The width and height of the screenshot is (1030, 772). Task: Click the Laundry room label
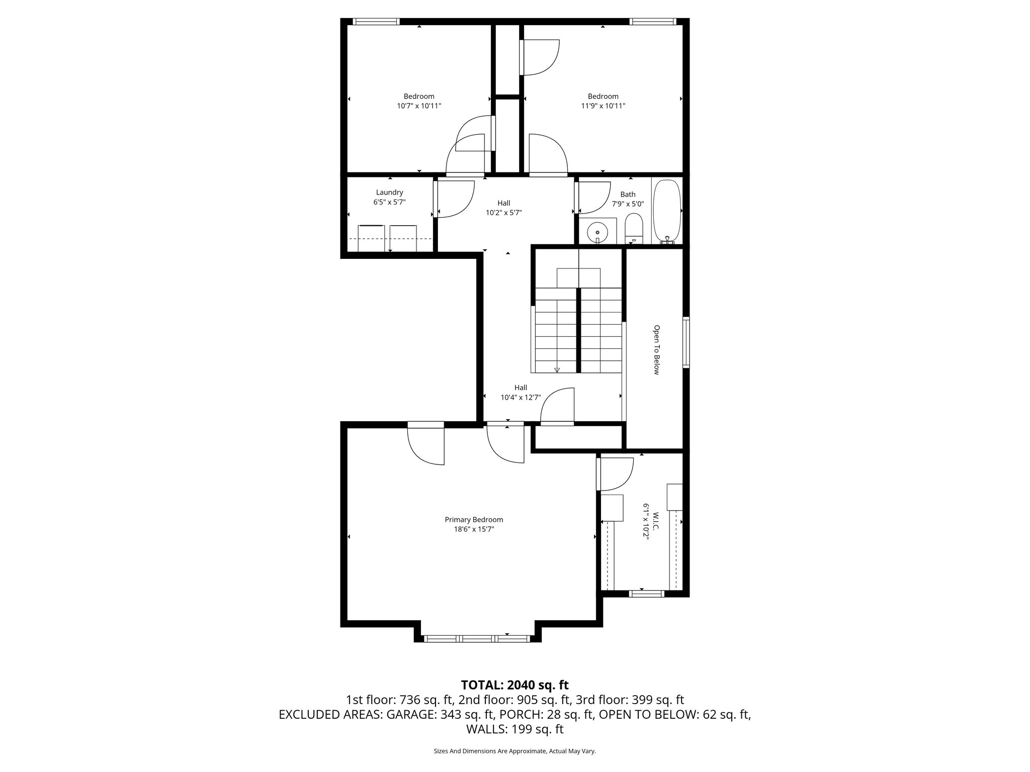(x=389, y=192)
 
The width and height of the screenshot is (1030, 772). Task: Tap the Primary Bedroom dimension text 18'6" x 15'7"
(x=473, y=529)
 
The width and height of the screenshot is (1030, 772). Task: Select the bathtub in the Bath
(x=666, y=211)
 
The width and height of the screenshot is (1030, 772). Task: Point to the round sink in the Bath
(x=597, y=232)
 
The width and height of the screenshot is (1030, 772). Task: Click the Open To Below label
(x=656, y=350)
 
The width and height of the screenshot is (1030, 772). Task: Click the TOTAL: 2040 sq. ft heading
(x=514, y=685)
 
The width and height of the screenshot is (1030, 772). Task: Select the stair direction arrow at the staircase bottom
(x=557, y=369)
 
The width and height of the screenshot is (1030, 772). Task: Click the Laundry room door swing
(x=455, y=200)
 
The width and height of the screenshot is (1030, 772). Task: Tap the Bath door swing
(x=593, y=197)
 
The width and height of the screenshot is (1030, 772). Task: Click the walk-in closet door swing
(x=615, y=474)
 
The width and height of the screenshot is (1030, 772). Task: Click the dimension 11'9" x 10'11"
(x=603, y=106)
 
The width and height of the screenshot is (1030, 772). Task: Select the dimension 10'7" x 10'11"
(x=419, y=106)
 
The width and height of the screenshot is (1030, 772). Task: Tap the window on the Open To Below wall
(x=686, y=342)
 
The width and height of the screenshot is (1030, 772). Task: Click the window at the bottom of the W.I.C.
(x=647, y=594)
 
